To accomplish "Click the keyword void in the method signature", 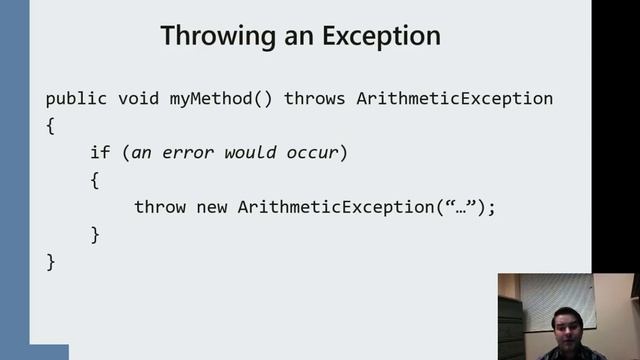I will click(x=140, y=99).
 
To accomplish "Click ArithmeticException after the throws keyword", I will click(x=454, y=99).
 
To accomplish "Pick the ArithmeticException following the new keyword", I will click(x=336, y=207).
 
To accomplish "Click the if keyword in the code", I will click(x=99, y=153).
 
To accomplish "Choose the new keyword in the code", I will click(x=213, y=207).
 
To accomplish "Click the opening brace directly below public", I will click(x=51, y=127).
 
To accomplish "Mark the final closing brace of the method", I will click(x=51, y=262).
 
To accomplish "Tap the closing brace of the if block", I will click(x=95, y=235).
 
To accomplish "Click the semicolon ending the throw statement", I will click(x=491, y=208).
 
